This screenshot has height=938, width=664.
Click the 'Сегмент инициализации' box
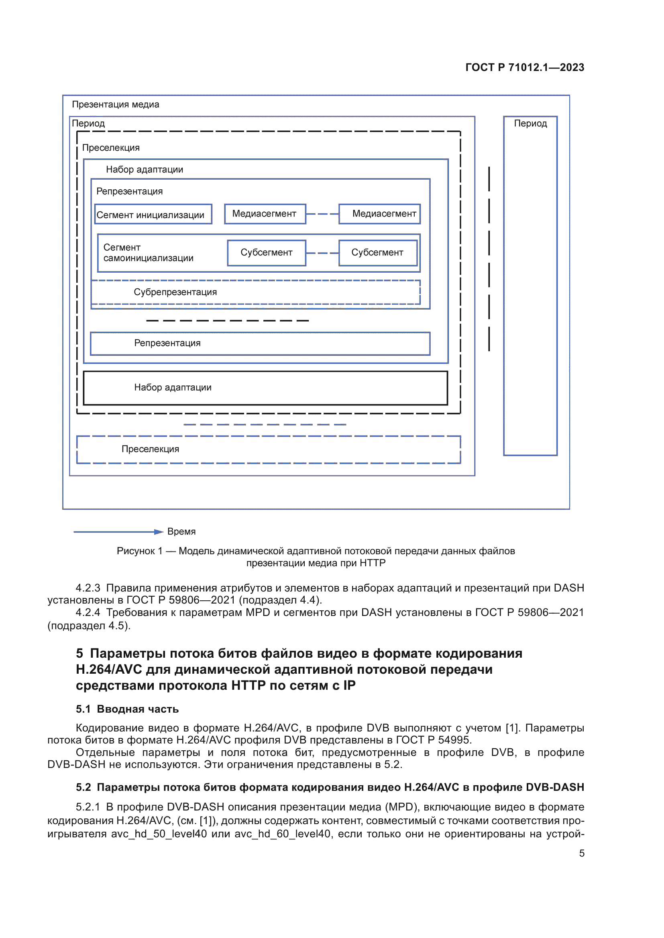coord(153,214)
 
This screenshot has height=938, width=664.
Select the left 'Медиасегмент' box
coord(265,214)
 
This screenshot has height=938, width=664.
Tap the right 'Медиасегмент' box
coord(379,214)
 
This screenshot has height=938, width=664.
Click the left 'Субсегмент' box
coord(266,253)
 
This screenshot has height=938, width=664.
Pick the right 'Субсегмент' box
coord(377,253)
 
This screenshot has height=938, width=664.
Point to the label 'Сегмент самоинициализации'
coord(148,253)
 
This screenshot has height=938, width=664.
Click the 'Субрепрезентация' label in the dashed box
coord(175,292)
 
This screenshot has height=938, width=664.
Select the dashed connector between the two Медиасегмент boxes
coord(322,214)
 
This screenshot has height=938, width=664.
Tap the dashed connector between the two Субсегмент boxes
coord(322,253)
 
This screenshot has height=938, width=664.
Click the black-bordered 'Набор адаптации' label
coord(173,387)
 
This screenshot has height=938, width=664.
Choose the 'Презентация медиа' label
coord(115,104)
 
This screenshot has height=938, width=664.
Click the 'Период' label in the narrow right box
coord(530,124)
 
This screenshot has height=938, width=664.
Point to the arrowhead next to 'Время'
coord(159,531)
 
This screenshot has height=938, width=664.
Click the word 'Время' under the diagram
coord(181,531)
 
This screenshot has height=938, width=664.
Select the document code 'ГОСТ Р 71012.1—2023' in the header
coord(525,67)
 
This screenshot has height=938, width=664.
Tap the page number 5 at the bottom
coord(581,853)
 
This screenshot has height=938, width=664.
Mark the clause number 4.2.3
coord(88,588)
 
